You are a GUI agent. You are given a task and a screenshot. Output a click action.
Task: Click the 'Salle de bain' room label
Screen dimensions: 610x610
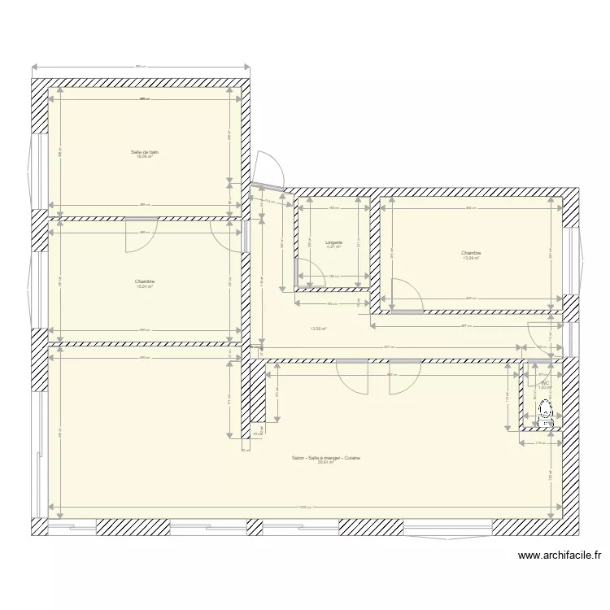click(x=145, y=151)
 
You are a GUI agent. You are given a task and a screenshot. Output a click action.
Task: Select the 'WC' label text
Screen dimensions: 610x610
click(x=544, y=382)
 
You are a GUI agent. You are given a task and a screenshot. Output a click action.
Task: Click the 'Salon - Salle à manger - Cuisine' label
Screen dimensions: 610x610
click(x=326, y=458)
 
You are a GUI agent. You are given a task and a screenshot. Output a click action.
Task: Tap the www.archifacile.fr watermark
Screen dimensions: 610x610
click(x=559, y=556)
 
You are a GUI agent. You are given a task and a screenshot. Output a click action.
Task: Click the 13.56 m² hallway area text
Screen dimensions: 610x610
click(x=317, y=329)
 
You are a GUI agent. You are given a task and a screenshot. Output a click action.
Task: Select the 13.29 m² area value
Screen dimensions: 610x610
click(x=471, y=258)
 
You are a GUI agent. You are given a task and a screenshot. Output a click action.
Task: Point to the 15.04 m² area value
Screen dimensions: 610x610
click(x=145, y=286)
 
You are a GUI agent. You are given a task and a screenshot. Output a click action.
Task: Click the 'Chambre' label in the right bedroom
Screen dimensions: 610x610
click(x=471, y=252)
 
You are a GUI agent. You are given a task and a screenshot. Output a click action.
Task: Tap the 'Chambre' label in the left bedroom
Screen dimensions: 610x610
click(x=145, y=281)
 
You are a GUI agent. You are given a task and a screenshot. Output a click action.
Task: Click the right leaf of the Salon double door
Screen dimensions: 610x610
click(x=404, y=377)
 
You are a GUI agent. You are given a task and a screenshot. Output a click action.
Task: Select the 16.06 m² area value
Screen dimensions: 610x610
click(x=145, y=156)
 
